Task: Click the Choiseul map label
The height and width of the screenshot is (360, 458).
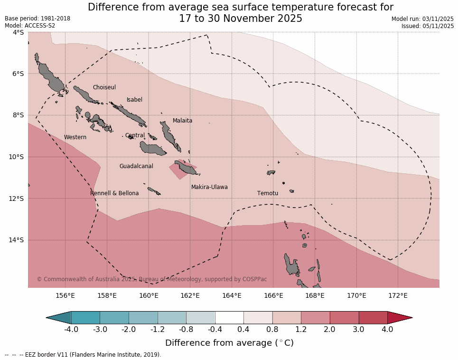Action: [x=104, y=87]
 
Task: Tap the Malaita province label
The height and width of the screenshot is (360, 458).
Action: [x=182, y=121]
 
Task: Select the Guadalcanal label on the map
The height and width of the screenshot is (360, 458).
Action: [x=136, y=166]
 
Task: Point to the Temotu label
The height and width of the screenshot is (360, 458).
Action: [x=268, y=193]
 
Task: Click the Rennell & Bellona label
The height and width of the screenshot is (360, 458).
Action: [x=114, y=193]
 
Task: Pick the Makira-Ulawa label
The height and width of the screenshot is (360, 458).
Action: [x=209, y=187]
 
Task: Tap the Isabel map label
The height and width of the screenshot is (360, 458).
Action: [x=134, y=100]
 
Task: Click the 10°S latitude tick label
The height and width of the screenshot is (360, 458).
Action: [x=18, y=157]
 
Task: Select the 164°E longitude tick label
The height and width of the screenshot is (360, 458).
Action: [x=232, y=295]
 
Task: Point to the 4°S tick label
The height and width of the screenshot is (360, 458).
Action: [x=18, y=32]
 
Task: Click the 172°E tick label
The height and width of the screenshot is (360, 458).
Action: [x=398, y=295]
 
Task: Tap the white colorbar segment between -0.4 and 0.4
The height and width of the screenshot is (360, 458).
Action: [x=229, y=318]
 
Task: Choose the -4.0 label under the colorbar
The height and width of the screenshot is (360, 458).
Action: [x=71, y=329]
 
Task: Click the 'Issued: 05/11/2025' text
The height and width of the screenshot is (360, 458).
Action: [x=428, y=26]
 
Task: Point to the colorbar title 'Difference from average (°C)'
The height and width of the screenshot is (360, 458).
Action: [x=229, y=343]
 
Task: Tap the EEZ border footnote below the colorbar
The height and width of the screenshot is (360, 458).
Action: [x=83, y=354]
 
